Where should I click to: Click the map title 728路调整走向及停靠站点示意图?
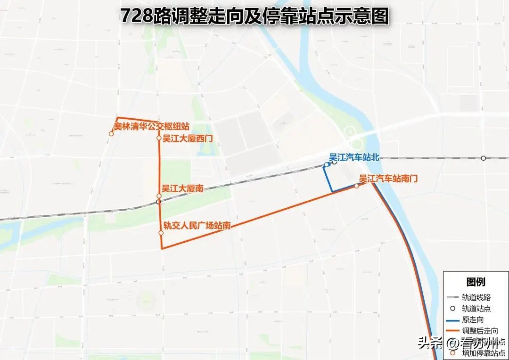point(254,16)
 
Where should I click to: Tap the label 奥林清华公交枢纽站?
point(152,126)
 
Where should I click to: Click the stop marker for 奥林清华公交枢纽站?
point(111,134)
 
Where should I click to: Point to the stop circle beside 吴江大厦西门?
point(159,138)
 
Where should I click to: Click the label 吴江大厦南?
point(182,188)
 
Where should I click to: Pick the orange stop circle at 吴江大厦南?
point(159,196)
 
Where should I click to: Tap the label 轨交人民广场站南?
point(197,226)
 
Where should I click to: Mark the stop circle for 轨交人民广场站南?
point(161,233)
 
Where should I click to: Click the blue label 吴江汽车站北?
point(354,157)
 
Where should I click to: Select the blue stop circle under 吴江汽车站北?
point(326,164)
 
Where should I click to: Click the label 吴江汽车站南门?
point(388,179)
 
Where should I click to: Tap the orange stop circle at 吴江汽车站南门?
point(356,186)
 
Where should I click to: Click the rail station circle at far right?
point(483,158)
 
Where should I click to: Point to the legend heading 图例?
point(476,282)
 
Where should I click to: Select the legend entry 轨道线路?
point(476,297)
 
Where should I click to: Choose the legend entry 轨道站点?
point(476,309)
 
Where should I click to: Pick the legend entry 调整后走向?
point(479,331)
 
